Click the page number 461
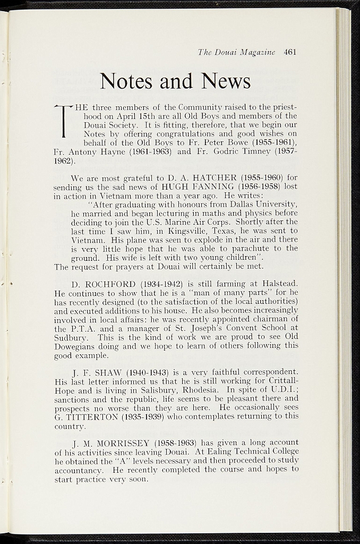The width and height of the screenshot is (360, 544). [289, 52]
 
